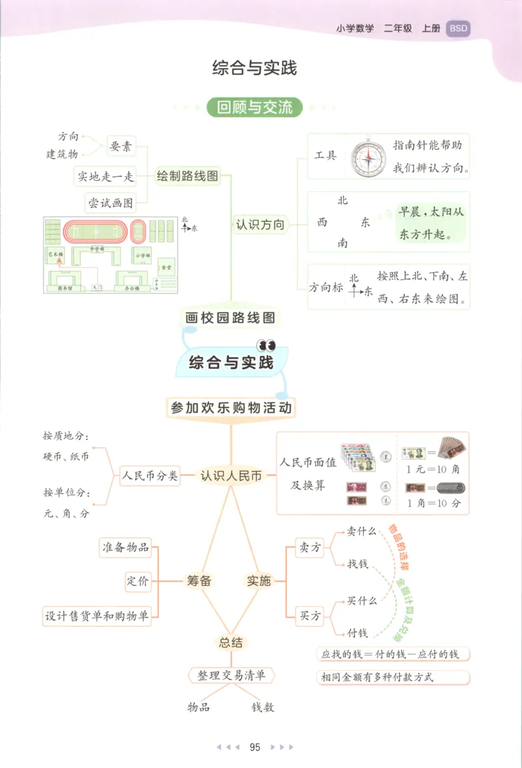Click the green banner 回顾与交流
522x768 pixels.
click(x=254, y=107)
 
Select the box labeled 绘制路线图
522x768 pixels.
click(x=187, y=176)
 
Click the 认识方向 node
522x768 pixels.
click(x=260, y=225)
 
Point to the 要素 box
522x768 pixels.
click(x=121, y=147)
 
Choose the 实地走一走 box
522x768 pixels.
click(x=106, y=176)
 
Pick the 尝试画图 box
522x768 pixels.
click(x=111, y=203)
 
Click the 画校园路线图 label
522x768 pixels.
click(x=230, y=318)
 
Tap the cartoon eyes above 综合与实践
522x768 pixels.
click(x=266, y=344)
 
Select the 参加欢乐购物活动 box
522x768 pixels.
click(x=231, y=408)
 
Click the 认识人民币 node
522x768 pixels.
click(x=231, y=476)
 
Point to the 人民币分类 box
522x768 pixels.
click(x=149, y=476)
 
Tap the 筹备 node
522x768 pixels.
click(x=199, y=580)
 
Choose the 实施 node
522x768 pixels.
click(x=258, y=580)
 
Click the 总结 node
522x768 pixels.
click(x=230, y=643)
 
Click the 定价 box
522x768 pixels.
click(x=138, y=581)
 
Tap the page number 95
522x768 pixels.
click(x=255, y=746)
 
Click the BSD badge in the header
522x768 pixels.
click(x=458, y=29)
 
